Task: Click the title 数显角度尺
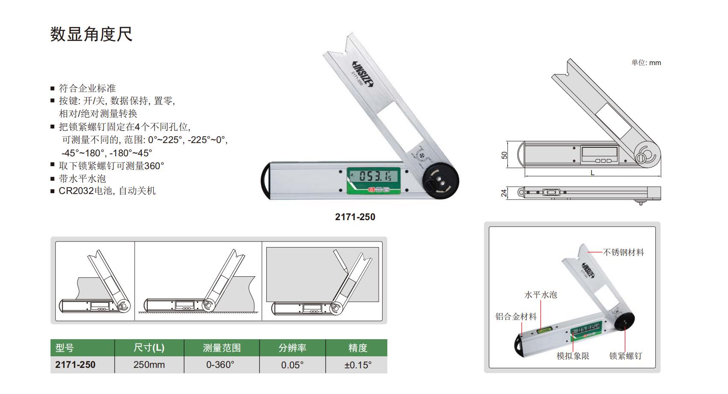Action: pos(91,34)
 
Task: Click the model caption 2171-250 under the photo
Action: pos(355,217)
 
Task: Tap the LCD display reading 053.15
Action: pos(374,176)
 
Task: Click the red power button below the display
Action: pos(371,190)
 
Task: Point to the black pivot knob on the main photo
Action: pos(440,181)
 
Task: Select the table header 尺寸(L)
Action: pos(149,348)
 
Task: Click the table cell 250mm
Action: pos(149,365)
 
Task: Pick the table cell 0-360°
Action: pos(220,365)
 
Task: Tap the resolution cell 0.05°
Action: pos(292,365)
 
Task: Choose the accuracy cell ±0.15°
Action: pos(358,365)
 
